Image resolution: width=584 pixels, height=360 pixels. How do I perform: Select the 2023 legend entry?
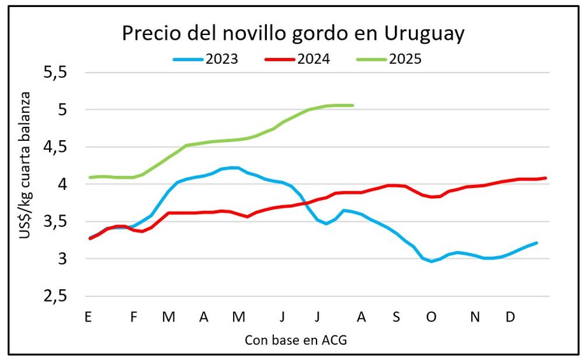(x=206, y=59)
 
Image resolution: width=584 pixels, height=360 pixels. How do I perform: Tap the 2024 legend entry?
(x=297, y=59)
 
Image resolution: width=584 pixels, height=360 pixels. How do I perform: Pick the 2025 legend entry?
(x=389, y=59)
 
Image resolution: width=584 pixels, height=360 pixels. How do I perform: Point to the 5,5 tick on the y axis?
(x=55, y=72)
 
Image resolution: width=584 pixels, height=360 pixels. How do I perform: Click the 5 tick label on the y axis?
(x=62, y=109)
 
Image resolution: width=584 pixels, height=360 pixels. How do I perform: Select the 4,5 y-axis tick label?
(x=55, y=147)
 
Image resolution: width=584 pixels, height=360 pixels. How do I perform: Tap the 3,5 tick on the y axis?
(x=55, y=221)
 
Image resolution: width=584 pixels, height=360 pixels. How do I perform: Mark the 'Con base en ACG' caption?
(x=296, y=340)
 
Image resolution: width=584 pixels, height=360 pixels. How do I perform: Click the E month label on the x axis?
(x=88, y=317)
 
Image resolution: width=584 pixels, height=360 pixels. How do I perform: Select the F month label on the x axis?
(x=134, y=317)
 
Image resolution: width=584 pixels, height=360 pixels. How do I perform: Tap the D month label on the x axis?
(x=510, y=317)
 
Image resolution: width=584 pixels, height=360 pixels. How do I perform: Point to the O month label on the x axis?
(x=432, y=317)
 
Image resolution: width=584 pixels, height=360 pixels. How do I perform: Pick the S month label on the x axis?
(x=397, y=317)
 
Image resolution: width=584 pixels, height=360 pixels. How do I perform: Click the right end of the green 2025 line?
(x=353, y=105)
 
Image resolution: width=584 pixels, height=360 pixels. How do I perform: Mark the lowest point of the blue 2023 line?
(x=432, y=261)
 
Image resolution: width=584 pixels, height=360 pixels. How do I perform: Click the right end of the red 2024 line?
(x=545, y=178)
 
